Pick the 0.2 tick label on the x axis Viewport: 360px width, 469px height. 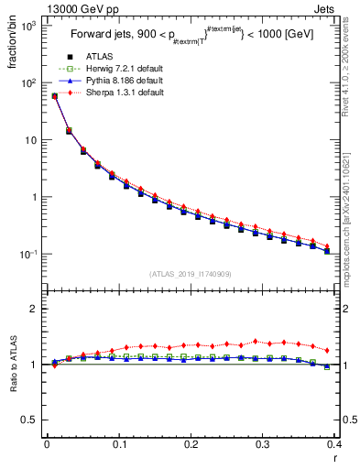191,444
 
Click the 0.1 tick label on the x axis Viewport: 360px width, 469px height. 119,444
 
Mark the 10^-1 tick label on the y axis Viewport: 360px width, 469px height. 27,254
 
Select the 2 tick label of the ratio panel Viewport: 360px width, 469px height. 34,309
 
